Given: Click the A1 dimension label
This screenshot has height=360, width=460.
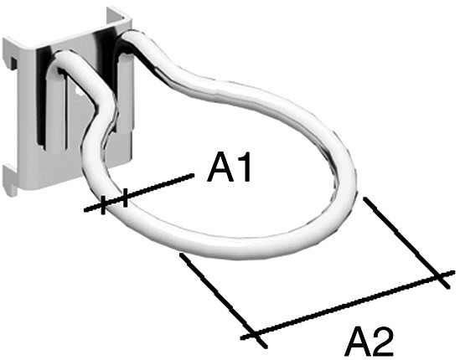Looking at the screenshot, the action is (x=229, y=167).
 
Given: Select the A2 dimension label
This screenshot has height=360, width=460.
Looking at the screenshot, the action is (x=369, y=342).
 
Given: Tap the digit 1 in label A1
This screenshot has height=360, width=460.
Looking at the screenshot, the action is (x=244, y=167).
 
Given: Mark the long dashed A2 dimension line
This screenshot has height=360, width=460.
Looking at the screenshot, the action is (x=348, y=306).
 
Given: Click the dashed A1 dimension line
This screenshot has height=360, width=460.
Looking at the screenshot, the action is (x=139, y=192).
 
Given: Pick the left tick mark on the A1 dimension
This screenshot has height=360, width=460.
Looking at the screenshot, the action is (x=103, y=204).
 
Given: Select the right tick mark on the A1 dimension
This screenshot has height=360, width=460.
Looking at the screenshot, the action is (x=126, y=198).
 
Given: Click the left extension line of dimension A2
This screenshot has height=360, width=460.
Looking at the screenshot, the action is (x=223, y=301).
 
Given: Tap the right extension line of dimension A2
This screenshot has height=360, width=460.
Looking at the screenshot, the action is (x=406, y=243).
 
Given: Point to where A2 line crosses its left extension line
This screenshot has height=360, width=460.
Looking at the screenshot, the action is (x=255, y=335).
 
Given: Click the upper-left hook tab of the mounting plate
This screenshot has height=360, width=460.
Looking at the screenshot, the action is (x=13, y=63).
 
